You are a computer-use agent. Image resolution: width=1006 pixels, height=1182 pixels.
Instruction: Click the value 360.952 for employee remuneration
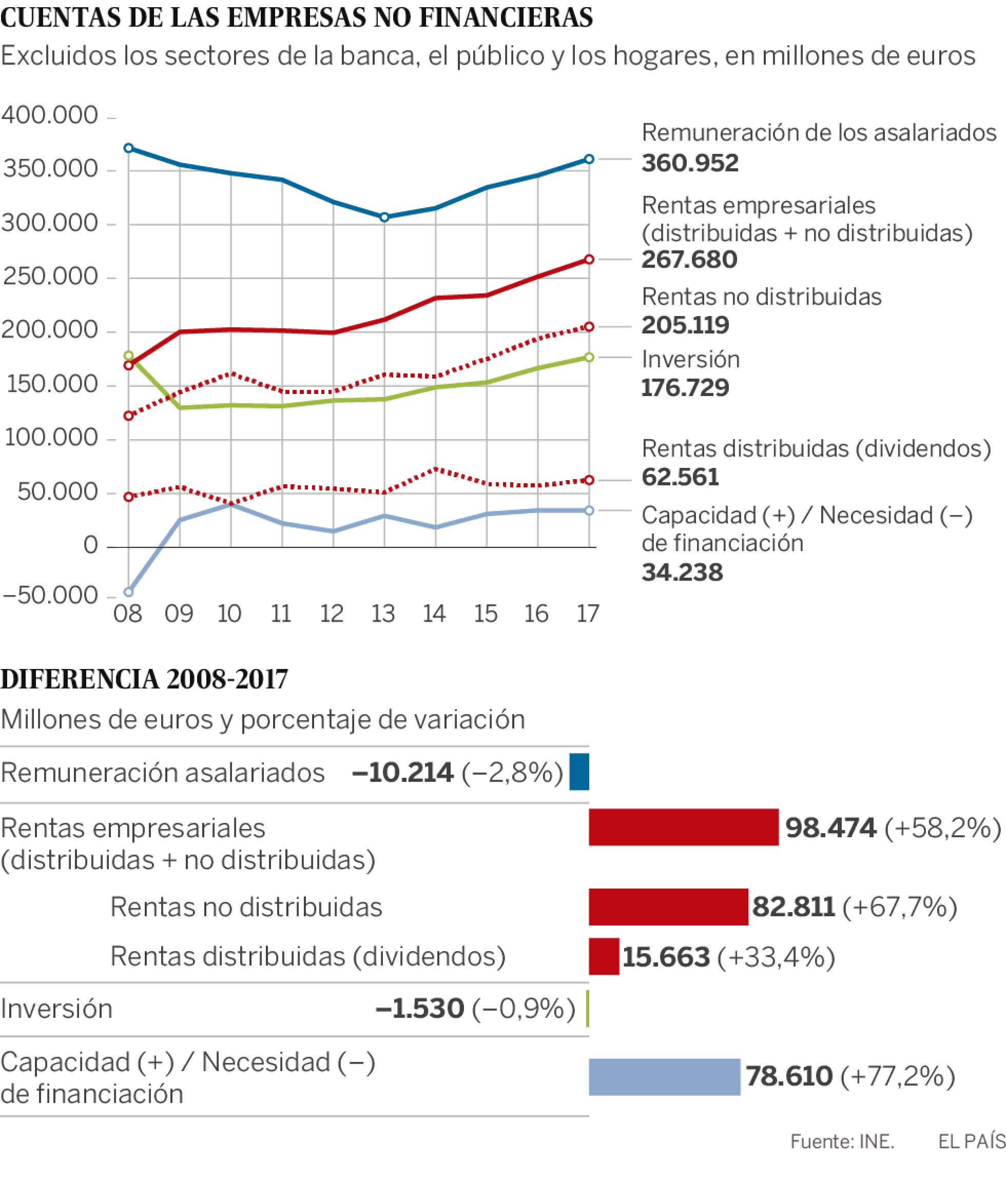tap(689, 163)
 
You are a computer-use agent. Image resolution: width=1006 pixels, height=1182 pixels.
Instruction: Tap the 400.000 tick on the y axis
tap(50, 116)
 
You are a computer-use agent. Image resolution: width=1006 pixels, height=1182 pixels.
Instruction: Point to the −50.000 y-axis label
tap(50, 596)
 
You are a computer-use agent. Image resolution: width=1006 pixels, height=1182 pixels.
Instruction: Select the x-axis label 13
tap(383, 614)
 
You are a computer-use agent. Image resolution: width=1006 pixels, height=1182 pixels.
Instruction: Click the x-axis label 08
tap(128, 614)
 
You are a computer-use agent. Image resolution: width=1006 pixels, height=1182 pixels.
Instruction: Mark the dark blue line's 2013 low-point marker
tap(384, 217)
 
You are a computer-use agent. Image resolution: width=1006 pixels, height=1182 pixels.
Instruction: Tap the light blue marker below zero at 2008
tap(129, 592)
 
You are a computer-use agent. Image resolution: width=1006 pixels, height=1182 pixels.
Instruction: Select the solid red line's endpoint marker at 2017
tap(590, 259)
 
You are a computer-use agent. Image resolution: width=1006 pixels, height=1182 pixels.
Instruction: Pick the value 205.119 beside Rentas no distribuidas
tap(685, 325)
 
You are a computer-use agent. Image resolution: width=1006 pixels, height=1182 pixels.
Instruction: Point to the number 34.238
tap(682, 572)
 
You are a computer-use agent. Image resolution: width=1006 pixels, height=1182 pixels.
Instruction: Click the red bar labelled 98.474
tap(683, 827)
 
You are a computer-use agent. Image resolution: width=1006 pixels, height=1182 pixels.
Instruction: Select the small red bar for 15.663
tap(604, 956)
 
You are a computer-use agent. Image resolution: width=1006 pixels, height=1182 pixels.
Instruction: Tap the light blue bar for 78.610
tap(664, 1076)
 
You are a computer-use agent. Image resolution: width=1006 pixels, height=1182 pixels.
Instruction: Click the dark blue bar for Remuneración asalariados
tap(579, 771)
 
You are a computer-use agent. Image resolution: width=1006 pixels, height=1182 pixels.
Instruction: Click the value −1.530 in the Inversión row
tap(420, 1009)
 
